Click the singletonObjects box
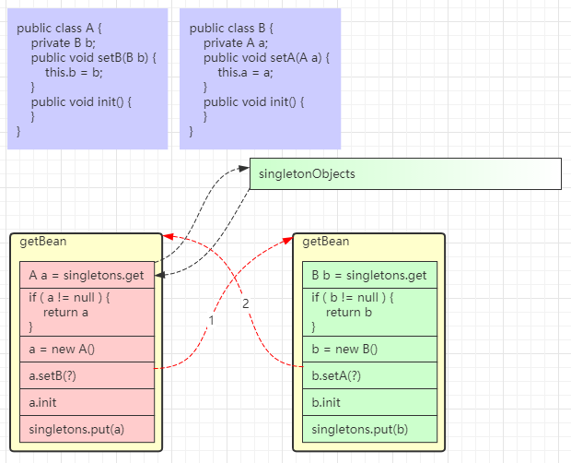(x=405, y=173)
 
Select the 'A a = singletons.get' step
(x=87, y=275)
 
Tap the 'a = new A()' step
(x=87, y=349)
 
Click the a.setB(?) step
(x=87, y=375)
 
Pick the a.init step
(x=87, y=402)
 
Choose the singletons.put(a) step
(x=87, y=429)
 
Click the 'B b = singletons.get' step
(x=369, y=275)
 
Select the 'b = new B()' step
(x=369, y=349)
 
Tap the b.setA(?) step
(x=369, y=375)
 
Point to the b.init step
(x=369, y=402)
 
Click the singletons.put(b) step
(x=369, y=429)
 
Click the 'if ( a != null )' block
(x=87, y=312)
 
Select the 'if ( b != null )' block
(x=369, y=312)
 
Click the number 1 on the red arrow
(x=211, y=320)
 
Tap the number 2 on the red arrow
(x=245, y=303)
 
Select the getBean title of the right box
(x=326, y=243)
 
